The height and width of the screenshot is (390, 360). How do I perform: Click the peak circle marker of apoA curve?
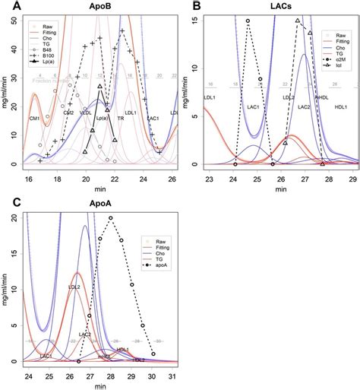point(111,218)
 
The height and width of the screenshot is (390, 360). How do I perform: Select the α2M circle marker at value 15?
point(248,21)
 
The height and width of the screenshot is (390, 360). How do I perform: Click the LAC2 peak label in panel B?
point(304,108)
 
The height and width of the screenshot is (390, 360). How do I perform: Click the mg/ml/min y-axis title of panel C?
point(5,289)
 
